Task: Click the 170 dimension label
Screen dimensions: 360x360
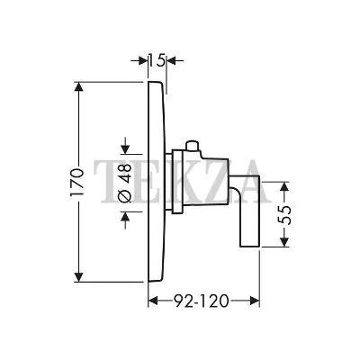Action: tap(76, 183)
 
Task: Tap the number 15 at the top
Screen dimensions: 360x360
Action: tap(157, 61)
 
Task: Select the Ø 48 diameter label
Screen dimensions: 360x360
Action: tap(126, 183)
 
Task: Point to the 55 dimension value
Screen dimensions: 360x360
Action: tap(285, 214)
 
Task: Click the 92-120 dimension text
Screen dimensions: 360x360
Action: tap(202, 301)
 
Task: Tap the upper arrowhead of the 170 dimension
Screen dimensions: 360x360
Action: tap(78, 87)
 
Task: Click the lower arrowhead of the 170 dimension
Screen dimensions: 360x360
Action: tap(78, 276)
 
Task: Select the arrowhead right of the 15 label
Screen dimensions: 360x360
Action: tap(172, 61)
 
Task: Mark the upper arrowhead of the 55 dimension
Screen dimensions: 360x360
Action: tap(284, 187)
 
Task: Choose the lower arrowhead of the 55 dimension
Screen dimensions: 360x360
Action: tap(284, 241)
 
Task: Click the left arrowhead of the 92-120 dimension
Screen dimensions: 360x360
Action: tap(154, 301)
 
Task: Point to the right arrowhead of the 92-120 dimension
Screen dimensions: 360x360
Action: tap(254, 301)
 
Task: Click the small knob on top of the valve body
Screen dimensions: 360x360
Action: tap(193, 146)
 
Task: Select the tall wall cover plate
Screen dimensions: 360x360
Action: tap(156, 182)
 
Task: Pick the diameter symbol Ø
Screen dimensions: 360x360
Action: tap(126, 196)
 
